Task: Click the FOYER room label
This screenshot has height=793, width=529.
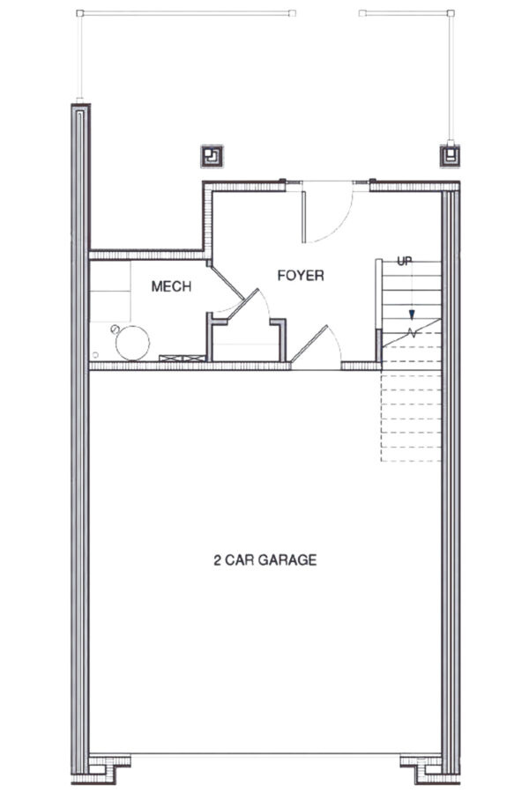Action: tap(301, 276)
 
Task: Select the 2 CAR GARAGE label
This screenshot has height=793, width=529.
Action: tap(264, 560)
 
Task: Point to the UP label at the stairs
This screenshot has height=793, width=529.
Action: tap(405, 261)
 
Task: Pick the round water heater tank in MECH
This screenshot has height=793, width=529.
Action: tap(133, 342)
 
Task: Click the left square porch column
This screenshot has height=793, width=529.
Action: tap(212, 157)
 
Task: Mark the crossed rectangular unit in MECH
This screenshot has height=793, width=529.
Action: tap(182, 357)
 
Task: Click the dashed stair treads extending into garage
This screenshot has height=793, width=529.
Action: tap(411, 414)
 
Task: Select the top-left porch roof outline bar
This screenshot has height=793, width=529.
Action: tap(185, 13)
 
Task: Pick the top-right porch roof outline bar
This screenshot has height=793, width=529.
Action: tap(406, 13)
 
